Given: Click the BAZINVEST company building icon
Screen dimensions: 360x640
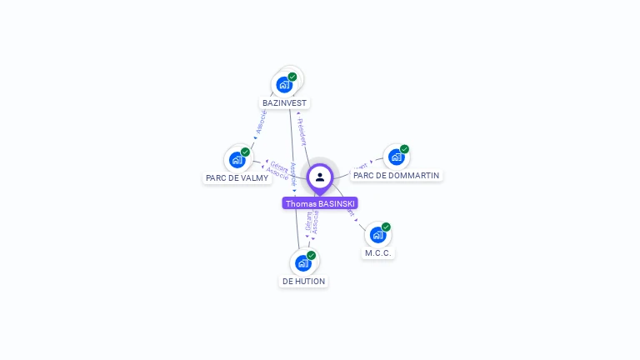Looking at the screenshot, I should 285,84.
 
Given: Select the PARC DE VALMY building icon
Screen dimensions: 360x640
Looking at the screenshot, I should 237,159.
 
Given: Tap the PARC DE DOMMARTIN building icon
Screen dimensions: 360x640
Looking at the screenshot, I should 397,156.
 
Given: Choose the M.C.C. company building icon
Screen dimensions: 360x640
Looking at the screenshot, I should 377,234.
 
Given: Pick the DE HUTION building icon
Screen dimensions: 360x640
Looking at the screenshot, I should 303,262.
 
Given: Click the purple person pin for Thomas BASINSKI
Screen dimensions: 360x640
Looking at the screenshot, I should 320,177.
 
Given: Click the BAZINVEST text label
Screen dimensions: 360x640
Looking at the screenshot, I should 285,103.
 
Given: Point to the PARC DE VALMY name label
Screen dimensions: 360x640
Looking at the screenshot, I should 237,177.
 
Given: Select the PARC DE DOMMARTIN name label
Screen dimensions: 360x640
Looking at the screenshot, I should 397,175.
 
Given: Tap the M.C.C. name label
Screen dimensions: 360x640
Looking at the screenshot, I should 377,252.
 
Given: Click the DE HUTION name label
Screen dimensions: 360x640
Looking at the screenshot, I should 303,282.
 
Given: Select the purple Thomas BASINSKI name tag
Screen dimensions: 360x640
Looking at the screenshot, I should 320,203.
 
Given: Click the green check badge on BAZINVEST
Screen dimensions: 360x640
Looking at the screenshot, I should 292,77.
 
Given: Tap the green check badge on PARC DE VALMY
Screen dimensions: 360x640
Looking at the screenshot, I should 245,152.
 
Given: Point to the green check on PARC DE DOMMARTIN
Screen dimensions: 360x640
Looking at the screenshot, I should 404,149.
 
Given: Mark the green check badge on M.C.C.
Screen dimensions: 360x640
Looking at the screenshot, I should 386,227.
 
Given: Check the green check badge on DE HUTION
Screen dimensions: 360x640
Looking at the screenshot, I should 311,255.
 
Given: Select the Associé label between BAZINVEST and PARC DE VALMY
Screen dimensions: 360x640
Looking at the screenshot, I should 261,122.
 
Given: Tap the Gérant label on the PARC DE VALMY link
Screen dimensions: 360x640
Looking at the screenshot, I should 279,166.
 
